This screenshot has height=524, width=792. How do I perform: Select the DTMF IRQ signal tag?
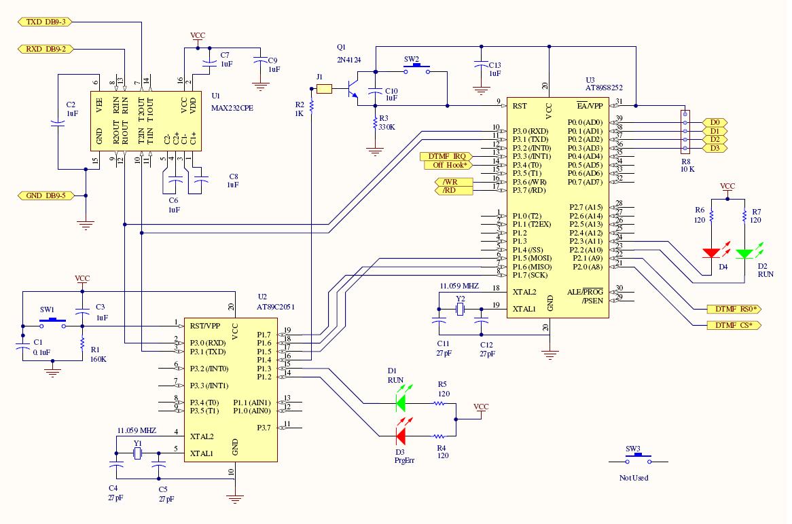coord(446,157)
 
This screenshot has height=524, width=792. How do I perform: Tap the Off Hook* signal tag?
coord(446,165)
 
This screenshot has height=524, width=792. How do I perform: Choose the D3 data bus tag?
coord(714,148)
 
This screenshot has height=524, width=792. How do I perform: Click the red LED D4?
coord(711,253)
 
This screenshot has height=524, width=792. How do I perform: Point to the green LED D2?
coord(745,253)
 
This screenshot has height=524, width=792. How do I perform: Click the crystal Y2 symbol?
coord(460,310)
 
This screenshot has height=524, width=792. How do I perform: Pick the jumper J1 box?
coord(325,88)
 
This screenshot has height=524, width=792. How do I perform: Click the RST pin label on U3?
coord(520,106)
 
